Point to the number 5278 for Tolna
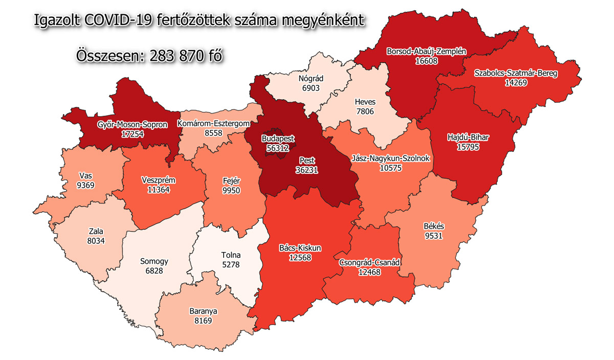click(x=230, y=264)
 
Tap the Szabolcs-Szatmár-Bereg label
click(x=515, y=73)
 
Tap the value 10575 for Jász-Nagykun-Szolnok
click(x=391, y=168)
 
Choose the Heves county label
click(x=365, y=102)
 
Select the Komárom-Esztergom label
click(x=213, y=123)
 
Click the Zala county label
click(x=96, y=231)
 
